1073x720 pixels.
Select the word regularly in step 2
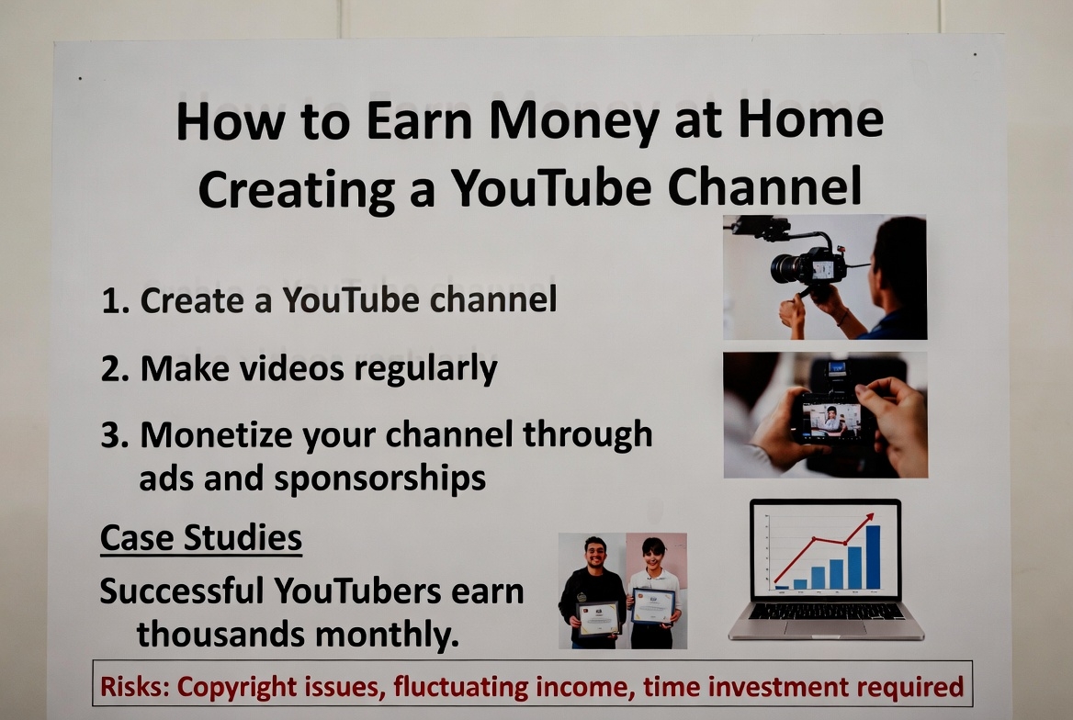click(425, 370)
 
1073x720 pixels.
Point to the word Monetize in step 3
click(216, 436)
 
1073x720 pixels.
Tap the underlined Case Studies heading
click(201, 538)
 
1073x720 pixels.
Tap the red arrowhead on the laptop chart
click(869, 517)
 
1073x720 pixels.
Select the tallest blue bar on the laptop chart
click(873, 557)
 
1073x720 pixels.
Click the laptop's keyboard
click(827, 612)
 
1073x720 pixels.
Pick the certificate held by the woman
click(653, 606)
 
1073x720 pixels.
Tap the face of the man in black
click(594, 554)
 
